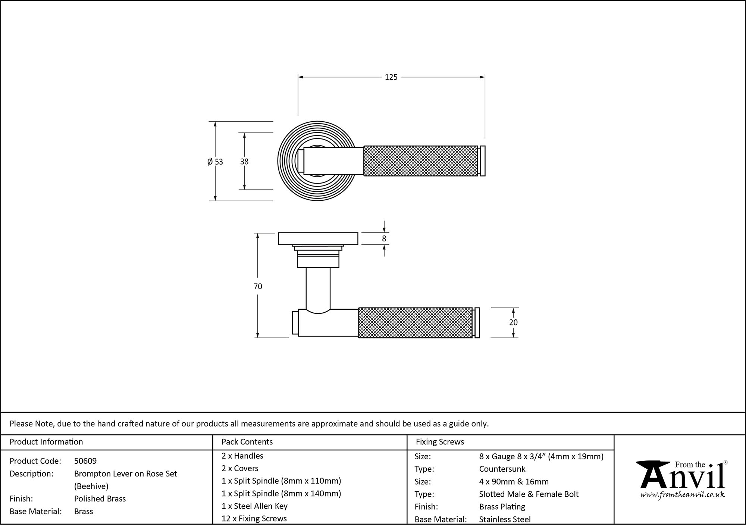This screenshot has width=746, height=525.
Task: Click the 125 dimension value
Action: coord(391,77)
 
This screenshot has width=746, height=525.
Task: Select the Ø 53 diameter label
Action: coord(215,162)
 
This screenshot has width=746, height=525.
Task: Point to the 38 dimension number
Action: coord(244,162)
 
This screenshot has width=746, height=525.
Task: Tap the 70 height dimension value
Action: coord(258,286)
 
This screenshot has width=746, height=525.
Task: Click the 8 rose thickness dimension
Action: coord(384,238)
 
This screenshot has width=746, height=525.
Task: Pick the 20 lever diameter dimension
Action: coord(513,322)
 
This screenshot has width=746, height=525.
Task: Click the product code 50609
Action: coord(85,461)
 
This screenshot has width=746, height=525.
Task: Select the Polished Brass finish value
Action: coord(100,499)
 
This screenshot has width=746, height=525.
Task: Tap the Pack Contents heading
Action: coord(247,442)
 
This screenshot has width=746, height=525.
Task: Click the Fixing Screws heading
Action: coord(440,442)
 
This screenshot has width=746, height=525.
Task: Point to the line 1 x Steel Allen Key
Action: coord(254,506)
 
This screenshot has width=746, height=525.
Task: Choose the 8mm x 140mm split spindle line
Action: coord(281,493)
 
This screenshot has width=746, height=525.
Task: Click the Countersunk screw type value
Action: coord(502,469)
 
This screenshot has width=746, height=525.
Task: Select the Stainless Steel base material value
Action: coord(505,519)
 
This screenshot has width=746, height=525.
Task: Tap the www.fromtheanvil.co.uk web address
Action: coord(683,495)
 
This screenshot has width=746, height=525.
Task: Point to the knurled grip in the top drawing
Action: coord(420,161)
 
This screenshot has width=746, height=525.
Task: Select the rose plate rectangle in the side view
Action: coord(318,238)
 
